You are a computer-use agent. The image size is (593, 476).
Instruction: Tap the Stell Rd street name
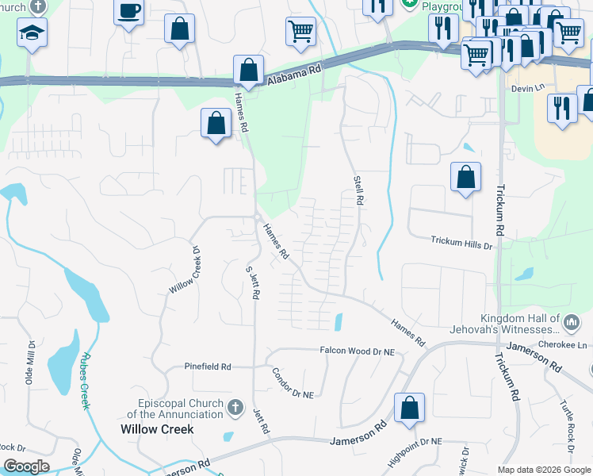coord(358,191)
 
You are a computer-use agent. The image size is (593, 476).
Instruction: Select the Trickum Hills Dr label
coord(461,242)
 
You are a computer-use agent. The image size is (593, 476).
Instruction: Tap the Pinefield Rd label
coord(208,367)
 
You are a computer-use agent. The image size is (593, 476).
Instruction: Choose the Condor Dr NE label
coord(293,383)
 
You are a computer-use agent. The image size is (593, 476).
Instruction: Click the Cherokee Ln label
coord(571,345)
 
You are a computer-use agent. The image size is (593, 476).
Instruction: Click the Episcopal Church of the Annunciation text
coord(175,408)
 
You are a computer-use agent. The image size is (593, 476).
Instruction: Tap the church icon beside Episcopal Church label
coord(235,408)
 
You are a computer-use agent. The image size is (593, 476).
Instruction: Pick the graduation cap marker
coord(33,34)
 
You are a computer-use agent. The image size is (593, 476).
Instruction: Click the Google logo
coord(26,466)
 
